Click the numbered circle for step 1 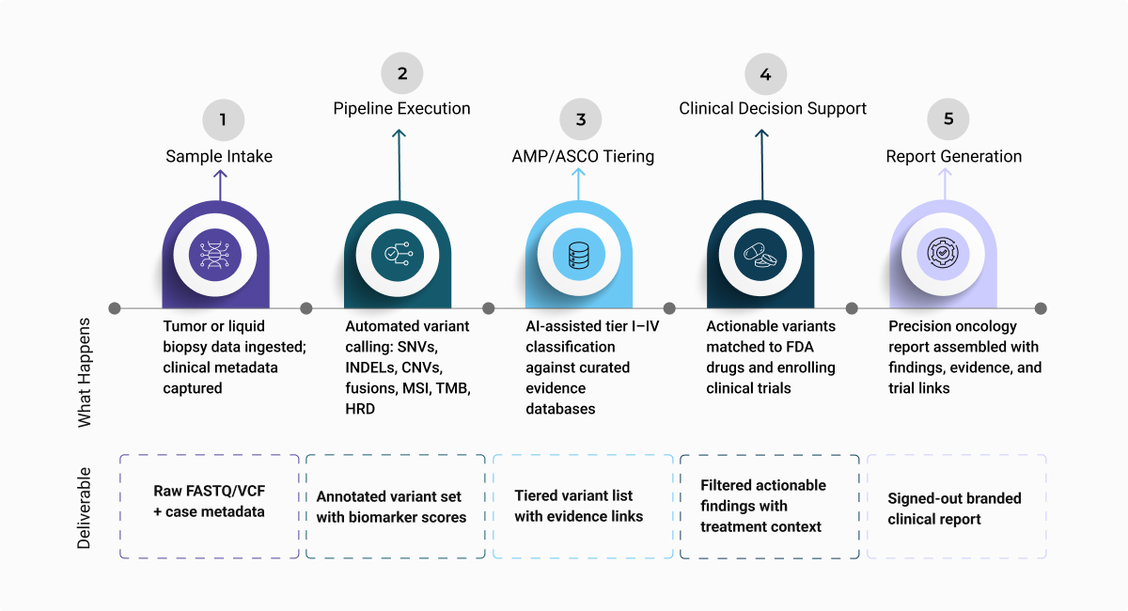(x=223, y=120)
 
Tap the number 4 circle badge (x=765, y=74)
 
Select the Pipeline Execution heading (x=402, y=108)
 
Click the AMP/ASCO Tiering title (x=583, y=156)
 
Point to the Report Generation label (x=954, y=156)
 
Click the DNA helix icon (x=215, y=255)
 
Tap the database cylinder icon (x=579, y=256)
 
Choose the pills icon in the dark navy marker (x=760, y=256)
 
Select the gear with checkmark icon (x=943, y=253)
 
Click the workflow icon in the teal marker (x=398, y=254)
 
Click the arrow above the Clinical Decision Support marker (x=762, y=164)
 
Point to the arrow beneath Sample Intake (x=220, y=185)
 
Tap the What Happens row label (x=84, y=373)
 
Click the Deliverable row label (x=84, y=509)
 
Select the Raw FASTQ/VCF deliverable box (x=210, y=507)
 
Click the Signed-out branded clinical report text (x=954, y=509)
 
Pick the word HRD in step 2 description (x=360, y=409)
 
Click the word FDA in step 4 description (x=798, y=347)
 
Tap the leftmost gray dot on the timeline (x=115, y=308)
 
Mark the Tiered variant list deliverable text (x=579, y=507)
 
